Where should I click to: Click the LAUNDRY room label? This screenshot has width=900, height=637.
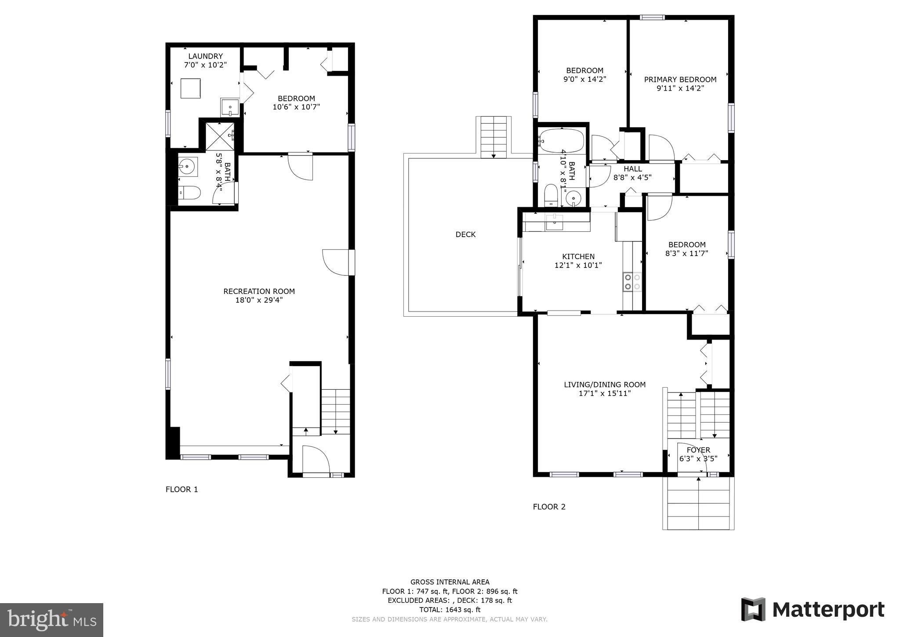click(205, 56)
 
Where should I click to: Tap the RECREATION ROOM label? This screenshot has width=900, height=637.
click(259, 291)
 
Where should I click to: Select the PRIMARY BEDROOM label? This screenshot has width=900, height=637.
click(680, 80)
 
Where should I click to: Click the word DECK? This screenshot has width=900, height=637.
click(465, 234)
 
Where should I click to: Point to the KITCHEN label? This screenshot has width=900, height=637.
click(578, 256)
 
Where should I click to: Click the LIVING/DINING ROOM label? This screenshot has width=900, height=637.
click(605, 384)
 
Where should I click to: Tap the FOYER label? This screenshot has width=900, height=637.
click(698, 450)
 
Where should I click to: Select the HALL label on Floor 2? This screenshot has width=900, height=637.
click(632, 169)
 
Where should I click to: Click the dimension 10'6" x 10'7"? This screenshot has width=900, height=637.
click(296, 107)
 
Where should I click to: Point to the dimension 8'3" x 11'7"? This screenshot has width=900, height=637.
click(686, 253)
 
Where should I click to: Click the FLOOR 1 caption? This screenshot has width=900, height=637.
click(181, 489)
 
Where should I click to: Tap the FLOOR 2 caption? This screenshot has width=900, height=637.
click(549, 507)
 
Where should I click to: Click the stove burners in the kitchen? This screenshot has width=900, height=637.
click(632, 282)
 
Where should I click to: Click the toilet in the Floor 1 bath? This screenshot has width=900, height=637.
click(190, 193)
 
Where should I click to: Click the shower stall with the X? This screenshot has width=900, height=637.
click(219, 136)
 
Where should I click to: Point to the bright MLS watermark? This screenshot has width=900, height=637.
click(51, 620)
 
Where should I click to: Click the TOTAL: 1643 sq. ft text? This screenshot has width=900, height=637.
click(450, 610)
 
